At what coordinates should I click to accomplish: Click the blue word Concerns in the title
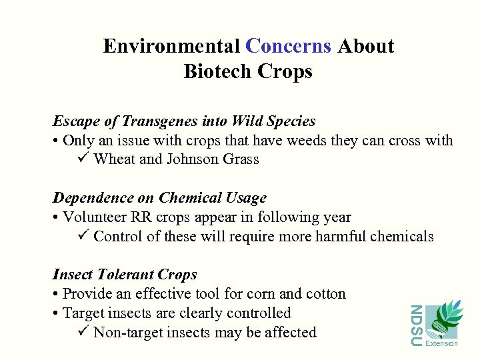pyautogui.click(x=288, y=46)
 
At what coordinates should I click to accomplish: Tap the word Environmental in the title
pyautogui.click(x=171, y=46)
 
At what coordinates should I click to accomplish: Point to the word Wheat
pyautogui.click(x=114, y=159)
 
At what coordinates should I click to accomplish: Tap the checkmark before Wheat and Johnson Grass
pyautogui.click(x=83, y=159)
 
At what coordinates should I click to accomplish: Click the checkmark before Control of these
pyautogui.click(x=83, y=235)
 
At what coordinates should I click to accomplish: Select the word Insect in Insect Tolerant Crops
pyautogui.click(x=73, y=275)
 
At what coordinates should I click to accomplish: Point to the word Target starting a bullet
pyautogui.click(x=83, y=313)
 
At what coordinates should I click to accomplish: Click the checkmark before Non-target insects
pyautogui.click(x=83, y=331)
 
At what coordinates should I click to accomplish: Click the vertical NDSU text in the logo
pyautogui.click(x=415, y=325)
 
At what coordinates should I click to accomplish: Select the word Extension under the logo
pyautogui.click(x=441, y=344)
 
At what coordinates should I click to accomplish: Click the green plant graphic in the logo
pyautogui.click(x=445, y=319)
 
